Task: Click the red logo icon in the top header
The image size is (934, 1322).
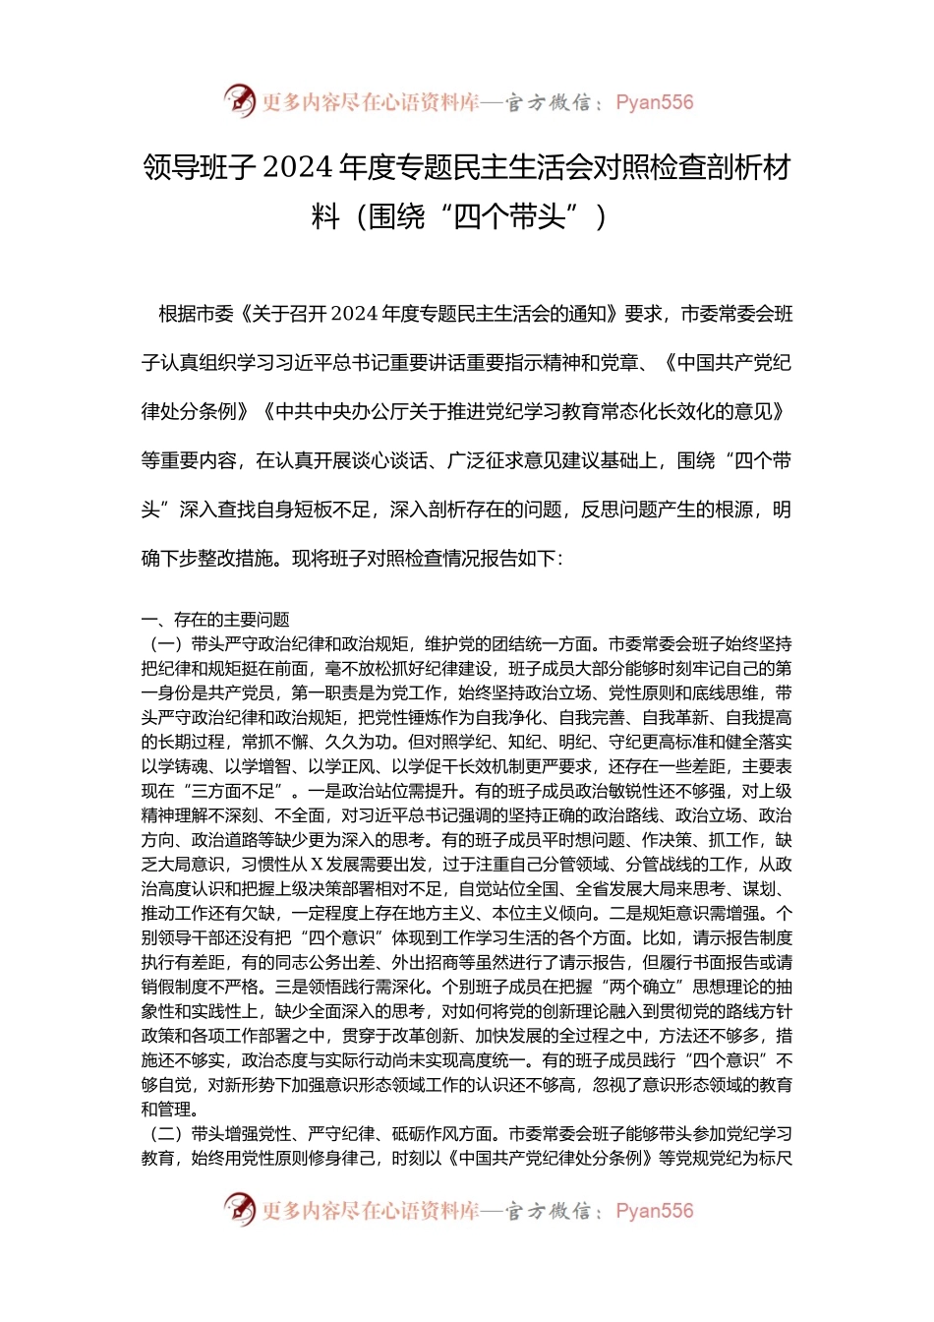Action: (x=239, y=100)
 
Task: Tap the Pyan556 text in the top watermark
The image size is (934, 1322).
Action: (x=654, y=102)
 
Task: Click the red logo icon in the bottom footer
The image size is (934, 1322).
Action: (x=239, y=1209)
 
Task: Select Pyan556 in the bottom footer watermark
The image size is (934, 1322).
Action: (x=654, y=1211)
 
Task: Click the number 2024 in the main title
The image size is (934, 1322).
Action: (x=298, y=168)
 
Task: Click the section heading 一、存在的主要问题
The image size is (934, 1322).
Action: (x=215, y=619)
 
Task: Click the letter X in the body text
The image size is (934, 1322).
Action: (x=318, y=865)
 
